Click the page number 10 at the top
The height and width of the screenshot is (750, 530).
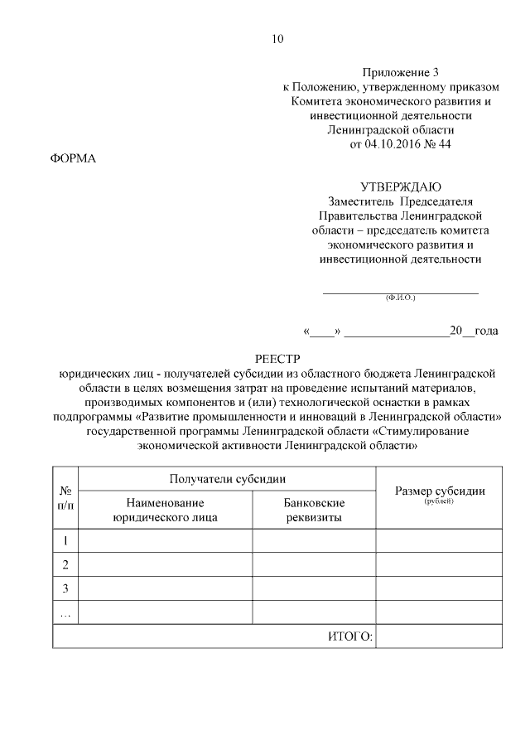277,39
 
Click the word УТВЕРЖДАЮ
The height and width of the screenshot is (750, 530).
401,186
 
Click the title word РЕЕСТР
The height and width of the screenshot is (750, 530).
277,359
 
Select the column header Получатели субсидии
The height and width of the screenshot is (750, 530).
228,479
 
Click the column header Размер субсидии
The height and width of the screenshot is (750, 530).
439,491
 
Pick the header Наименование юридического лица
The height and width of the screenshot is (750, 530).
165,510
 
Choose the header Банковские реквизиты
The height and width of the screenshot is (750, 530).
314,510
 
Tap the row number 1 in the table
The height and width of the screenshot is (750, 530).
65,541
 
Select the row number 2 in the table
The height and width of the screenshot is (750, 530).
65,564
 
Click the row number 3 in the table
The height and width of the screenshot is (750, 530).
65,588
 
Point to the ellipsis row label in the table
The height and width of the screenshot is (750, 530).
65,613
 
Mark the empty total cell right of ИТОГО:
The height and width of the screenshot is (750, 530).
439,636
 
